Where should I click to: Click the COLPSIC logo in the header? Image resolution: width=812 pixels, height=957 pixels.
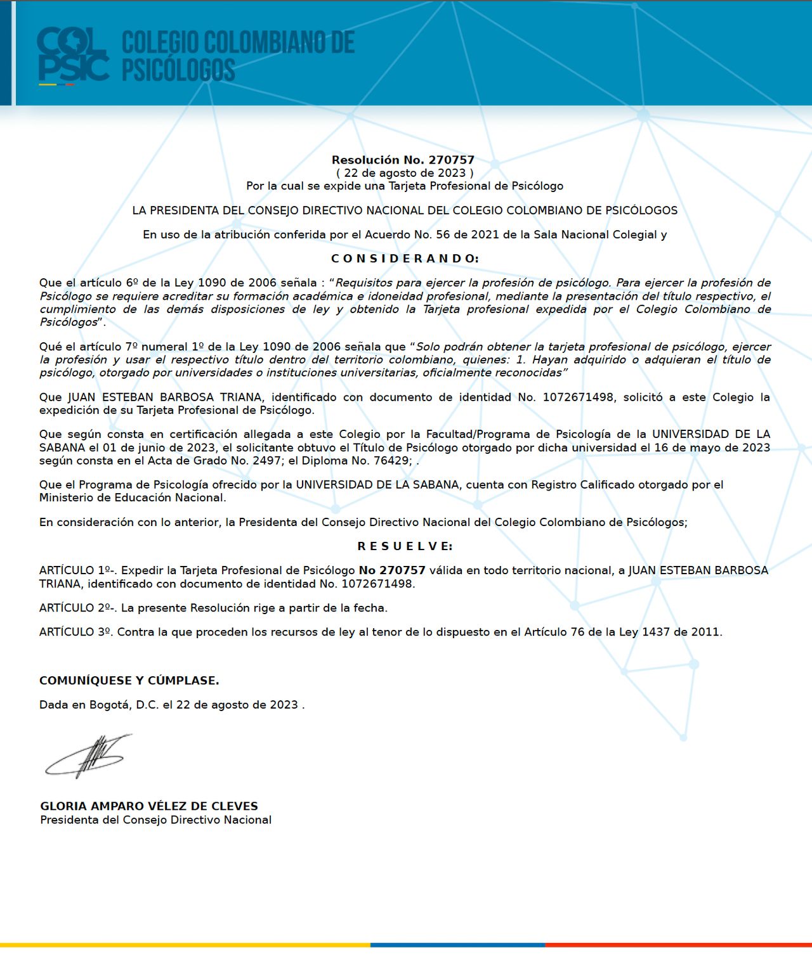point(73,56)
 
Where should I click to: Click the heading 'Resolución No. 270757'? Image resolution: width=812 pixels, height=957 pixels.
point(403,160)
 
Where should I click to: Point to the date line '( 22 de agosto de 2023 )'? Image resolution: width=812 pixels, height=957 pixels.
point(404,173)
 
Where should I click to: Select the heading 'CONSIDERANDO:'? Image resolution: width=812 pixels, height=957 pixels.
point(405,259)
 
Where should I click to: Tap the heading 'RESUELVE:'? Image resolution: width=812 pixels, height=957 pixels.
point(405,546)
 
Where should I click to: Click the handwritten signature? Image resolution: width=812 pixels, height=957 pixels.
point(89,756)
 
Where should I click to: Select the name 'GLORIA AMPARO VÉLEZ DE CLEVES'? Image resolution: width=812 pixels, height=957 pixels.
point(149,806)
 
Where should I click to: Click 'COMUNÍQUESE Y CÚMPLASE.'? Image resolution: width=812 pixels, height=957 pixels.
point(129,681)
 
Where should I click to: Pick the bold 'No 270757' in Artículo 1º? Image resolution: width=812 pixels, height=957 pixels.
point(392,570)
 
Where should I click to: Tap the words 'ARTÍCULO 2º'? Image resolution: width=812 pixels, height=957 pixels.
point(76,608)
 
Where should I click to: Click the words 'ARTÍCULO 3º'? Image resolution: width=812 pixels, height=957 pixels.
point(75,632)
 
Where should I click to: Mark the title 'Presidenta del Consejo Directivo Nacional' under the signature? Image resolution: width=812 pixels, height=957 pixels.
point(155,820)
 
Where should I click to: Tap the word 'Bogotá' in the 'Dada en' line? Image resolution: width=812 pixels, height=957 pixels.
point(109,705)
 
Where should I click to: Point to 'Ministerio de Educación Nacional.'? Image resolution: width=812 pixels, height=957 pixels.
point(132,498)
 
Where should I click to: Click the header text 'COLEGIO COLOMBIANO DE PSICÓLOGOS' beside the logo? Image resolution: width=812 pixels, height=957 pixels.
point(238,56)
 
